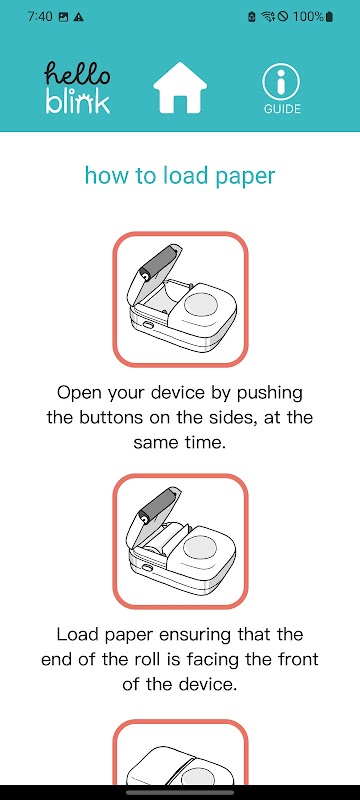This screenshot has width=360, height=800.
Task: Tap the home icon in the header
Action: (180, 87)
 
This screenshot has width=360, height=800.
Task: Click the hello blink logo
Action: (78, 88)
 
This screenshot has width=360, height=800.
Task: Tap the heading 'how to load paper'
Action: (180, 176)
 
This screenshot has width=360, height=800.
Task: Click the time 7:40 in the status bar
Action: (40, 16)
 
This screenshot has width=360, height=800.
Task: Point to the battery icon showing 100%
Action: (329, 16)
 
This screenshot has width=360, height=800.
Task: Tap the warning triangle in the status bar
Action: (79, 17)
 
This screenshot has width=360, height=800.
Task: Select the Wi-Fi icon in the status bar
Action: (268, 17)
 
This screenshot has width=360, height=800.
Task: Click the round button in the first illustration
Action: (200, 306)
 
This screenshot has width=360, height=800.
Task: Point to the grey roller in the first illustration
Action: (157, 263)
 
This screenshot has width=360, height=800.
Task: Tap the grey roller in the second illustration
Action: (157, 505)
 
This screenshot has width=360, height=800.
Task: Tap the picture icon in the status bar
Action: (64, 17)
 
